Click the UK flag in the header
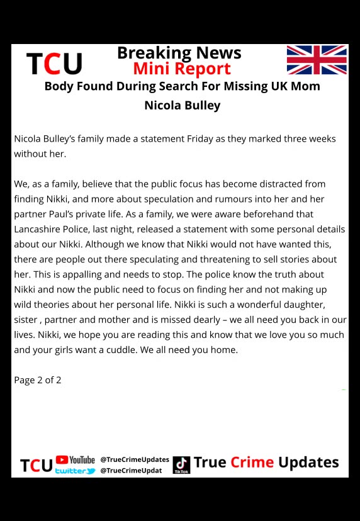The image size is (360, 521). [317, 60]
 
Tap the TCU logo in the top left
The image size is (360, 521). [55, 64]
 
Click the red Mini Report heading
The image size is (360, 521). [182, 69]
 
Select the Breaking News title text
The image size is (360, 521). [179, 52]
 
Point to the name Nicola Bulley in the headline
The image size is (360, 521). [183, 105]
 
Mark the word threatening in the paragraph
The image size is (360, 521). [195, 259]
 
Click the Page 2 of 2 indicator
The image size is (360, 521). [38, 380]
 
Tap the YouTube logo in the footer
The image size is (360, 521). [76, 460]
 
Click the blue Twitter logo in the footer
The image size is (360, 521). [76, 471]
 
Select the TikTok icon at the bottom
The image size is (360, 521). [181, 465]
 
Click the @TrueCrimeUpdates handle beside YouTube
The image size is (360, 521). [135, 459]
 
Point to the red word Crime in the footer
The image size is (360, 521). [252, 462]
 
